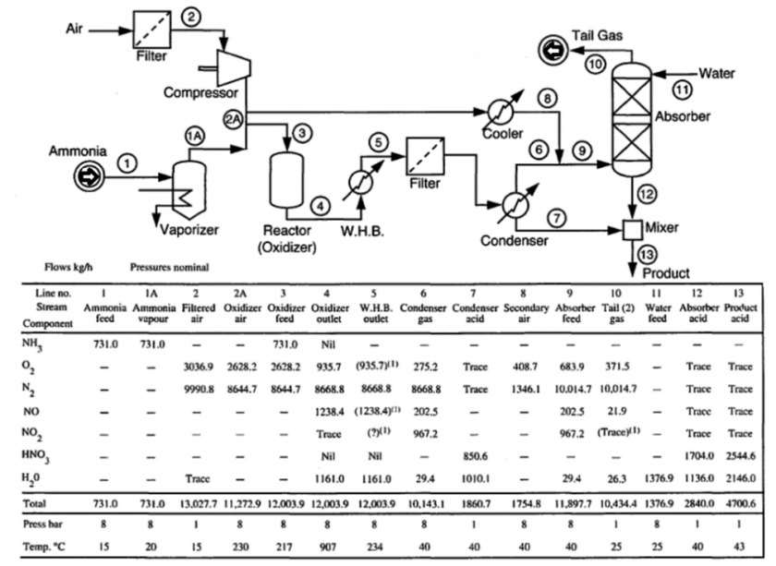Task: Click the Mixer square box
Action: coord(632,227)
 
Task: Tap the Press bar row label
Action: coord(41,523)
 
